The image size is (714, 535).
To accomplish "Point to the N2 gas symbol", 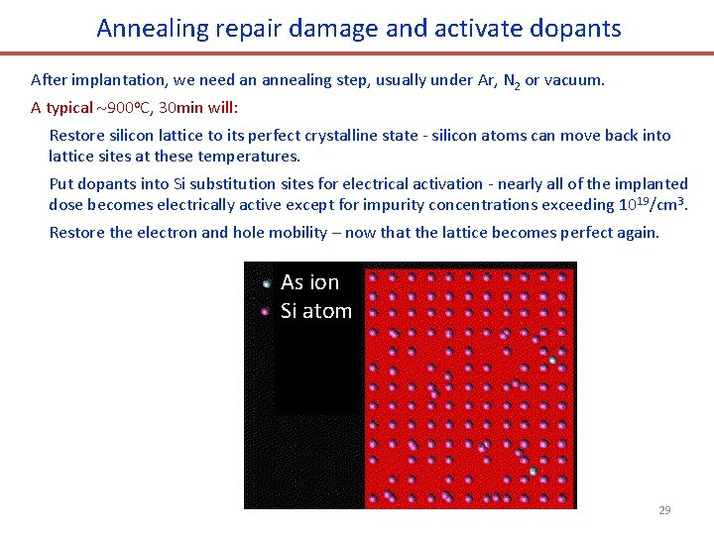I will [511, 80].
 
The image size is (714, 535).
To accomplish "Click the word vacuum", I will [575, 79].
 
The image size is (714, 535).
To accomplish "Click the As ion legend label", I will [309, 282].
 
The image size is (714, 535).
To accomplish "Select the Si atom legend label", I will [316, 311].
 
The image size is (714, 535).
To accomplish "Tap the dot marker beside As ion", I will [266, 283].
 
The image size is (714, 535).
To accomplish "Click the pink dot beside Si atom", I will [266, 311].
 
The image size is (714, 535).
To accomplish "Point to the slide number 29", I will [664, 510].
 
